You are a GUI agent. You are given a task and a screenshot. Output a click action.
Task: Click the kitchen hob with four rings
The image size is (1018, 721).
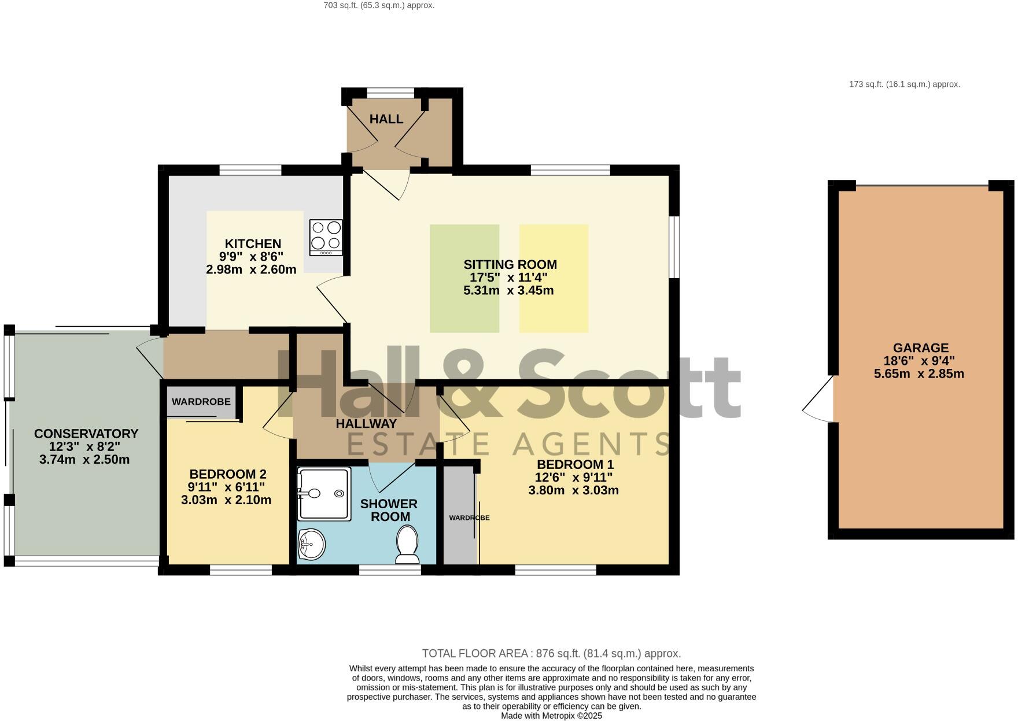(326, 237)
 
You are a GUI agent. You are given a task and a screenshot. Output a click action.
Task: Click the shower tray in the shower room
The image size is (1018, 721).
(323, 493)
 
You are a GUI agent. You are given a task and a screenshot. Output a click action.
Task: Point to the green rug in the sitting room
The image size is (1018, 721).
(464, 278)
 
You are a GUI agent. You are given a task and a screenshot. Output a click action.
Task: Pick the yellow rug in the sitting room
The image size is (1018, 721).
(554, 278)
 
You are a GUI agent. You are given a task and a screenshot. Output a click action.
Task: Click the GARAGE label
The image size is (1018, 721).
(920, 347)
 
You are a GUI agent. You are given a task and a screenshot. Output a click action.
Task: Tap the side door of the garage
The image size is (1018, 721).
(818, 399)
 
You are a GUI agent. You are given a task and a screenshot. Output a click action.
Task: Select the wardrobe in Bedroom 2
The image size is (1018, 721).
(201, 401)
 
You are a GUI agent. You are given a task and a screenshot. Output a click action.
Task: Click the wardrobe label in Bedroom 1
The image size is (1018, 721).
(469, 517)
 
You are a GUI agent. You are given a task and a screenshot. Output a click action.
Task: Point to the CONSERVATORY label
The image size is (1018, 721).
(86, 434)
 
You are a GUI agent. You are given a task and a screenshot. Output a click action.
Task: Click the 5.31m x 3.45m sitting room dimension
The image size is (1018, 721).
(508, 290)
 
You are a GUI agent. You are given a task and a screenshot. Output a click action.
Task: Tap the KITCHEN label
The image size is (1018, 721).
(253, 243)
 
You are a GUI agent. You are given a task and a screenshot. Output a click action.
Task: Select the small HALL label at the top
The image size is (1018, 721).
(386, 119)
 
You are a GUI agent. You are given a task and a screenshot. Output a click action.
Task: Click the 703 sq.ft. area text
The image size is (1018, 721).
(379, 5)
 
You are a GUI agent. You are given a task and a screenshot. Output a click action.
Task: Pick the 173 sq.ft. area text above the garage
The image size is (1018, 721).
(904, 84)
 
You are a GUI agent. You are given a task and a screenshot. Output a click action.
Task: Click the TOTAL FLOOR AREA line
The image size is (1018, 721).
(551, 653)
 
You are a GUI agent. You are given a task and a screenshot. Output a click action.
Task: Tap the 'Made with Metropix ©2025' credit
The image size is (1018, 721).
(551, 716)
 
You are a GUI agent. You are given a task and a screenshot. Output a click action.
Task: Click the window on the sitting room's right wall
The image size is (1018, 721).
(674, 247)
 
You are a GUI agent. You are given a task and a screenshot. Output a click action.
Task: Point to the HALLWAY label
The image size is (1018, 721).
(366, 423)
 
